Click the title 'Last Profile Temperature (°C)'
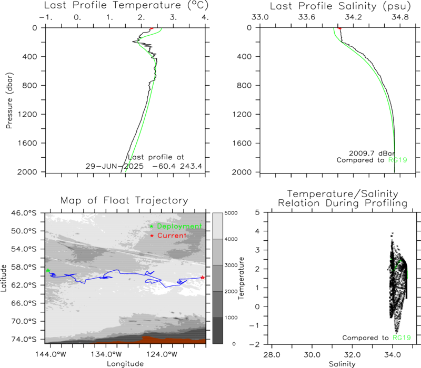[126, 5]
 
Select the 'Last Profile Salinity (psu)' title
[340, 6]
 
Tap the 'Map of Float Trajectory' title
[124, 200]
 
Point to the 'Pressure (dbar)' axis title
[9, 100]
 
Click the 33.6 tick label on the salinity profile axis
[307, 17]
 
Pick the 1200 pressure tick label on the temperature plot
[27, 114]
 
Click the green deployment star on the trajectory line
[48, 270]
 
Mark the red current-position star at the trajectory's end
[203, 278]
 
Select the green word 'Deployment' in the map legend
[179, 227]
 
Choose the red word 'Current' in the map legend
[172, 236]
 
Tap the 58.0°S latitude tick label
[24, 267]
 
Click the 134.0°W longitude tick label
[105, 354]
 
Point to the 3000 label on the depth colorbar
[231, 265]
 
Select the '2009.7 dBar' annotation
[372, 153]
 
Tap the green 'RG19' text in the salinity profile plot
[398, 160]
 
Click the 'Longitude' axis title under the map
[125, 364]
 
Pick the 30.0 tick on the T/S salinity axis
[312, 355]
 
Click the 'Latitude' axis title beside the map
[4, 278]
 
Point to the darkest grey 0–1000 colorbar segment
[218, 331]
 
